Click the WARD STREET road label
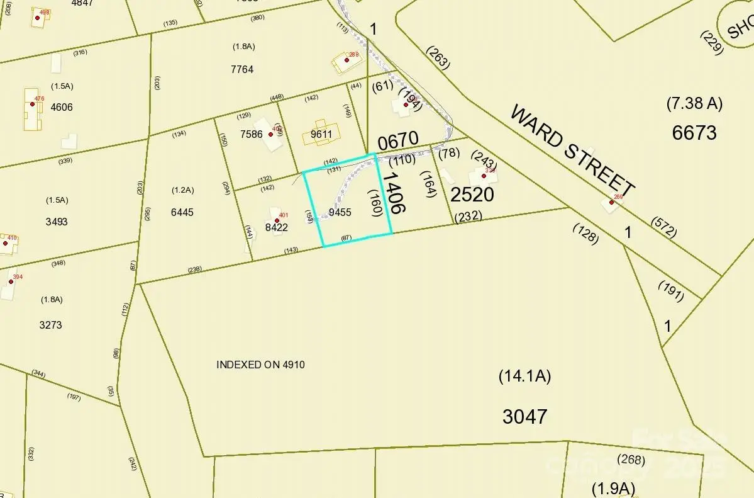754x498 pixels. pyautogui.click(x=572, y=150)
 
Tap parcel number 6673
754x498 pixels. pyautogui.click(x=694, y=133)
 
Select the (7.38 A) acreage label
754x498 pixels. pyautogui.click(x=694, y=103)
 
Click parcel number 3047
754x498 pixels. pyautogui.click(x=524, y=416)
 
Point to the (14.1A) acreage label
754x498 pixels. pyautogui.click(x=524, y=376)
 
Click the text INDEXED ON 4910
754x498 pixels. pyautogui.click(x=260, y=365)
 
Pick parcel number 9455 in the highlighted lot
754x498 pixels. pyautogui.click(x=340, y=212)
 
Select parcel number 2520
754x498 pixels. pyautogui.click(x=472, y=195)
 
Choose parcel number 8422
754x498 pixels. pyautogui.click(x=276, y=227)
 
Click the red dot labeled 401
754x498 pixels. pyautogui.click(x=277, y=220)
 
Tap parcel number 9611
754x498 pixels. pyautogui.click(x=321, y=134)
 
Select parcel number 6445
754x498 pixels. pyautogui.click(x=182, y=212)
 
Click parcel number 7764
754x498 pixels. pyautogui.click(x=242, y=69)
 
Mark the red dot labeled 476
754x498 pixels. pyautogui.click(x=33, y=104)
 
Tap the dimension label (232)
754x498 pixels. pyautogui.click(x=468, y=216)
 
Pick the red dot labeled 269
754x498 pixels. pyautogui.click(x=611, y=202)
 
